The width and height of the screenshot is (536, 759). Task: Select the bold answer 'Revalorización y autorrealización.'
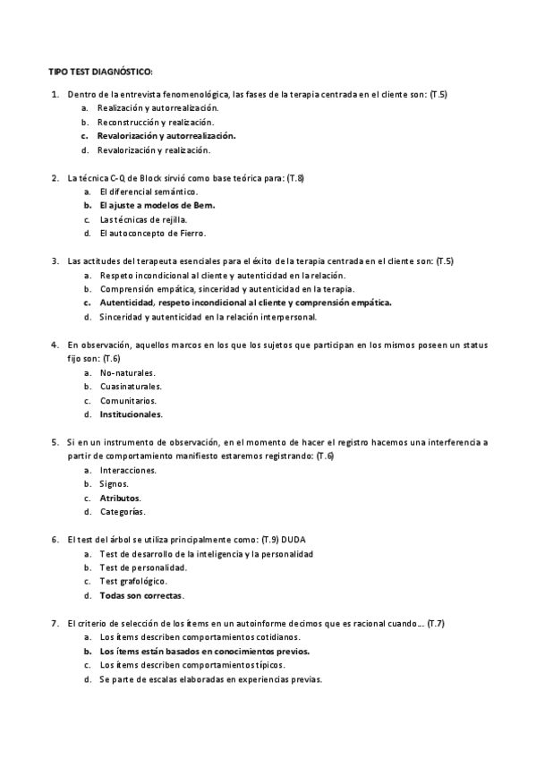coord(166,135)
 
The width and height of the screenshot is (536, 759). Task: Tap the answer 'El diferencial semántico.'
coord(149,192)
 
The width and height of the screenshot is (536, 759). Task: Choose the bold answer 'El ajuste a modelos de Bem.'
coord(157,205)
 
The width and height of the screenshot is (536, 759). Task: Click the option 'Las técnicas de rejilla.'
coord(144,219)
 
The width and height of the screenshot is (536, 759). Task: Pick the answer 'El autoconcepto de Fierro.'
coord(153,234)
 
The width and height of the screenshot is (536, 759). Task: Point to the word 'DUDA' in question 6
coord(305,540)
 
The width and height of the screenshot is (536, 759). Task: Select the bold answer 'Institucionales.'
coord(132,414)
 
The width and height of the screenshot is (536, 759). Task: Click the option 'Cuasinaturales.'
coord(131,387)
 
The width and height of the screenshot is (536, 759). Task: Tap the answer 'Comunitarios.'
coord(128,401)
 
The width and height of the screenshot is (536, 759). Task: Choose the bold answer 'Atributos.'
coord(121,498)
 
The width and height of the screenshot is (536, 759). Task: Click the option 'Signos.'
coord(115,484)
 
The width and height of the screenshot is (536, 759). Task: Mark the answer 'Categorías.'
coord(123,512)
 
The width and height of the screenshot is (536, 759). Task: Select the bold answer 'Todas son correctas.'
coord(142,595)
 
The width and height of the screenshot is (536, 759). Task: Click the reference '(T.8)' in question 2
coord(294,178)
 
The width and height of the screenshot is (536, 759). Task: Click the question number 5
coord(55,442)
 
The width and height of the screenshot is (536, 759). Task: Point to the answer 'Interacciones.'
coord(128,470)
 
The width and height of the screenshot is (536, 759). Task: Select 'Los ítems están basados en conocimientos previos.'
coord(205,651)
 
